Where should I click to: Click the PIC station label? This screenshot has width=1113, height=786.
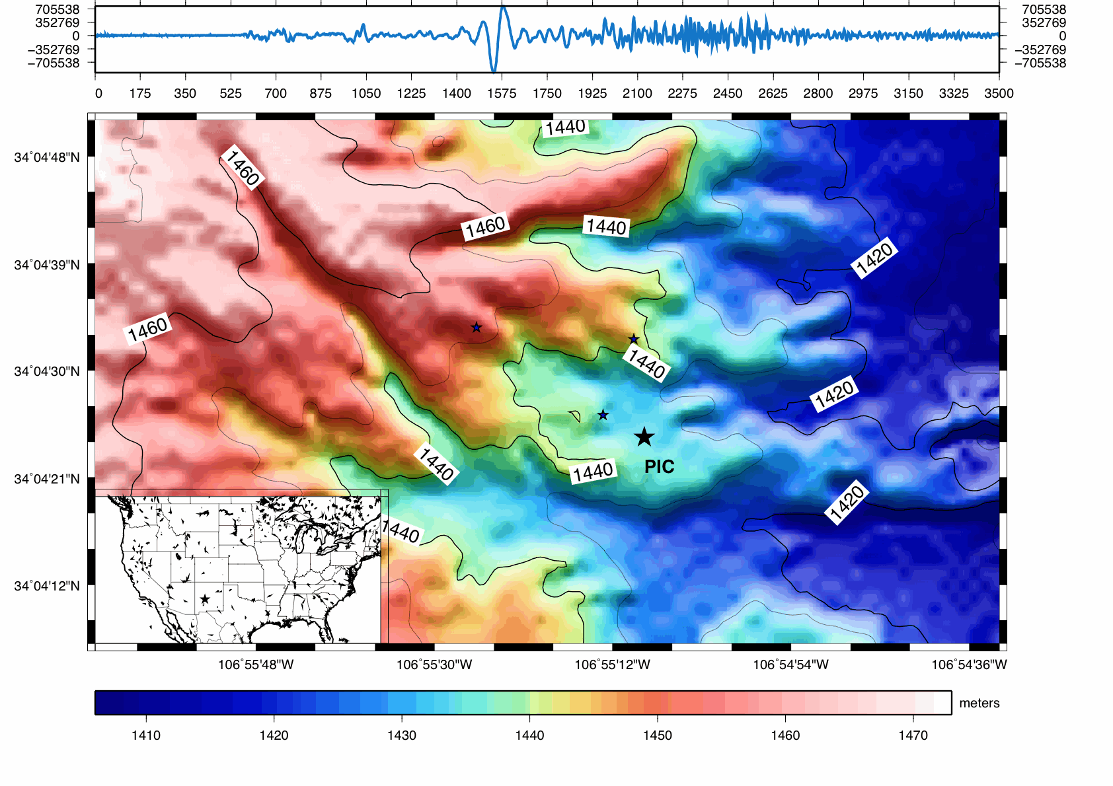659,466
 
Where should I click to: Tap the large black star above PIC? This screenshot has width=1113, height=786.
644,437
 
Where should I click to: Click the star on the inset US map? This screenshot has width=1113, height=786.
205,599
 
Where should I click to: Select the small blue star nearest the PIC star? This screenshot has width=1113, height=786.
603,415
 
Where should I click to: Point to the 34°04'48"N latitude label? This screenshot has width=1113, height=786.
46,157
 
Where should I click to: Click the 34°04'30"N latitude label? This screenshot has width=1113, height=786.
46,371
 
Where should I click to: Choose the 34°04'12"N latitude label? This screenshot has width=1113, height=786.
46,586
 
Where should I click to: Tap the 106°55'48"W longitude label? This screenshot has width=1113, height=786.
256,664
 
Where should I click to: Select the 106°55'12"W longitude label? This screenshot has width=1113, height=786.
612,664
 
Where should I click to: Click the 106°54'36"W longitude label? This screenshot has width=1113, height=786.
969,664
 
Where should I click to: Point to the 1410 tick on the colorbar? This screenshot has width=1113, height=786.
146,735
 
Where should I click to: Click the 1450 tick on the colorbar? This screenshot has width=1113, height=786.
657,735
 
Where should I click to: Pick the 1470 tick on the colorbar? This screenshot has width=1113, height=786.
913,735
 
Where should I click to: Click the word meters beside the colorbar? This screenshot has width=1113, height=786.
979,703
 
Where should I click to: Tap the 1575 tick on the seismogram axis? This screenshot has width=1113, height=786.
502,93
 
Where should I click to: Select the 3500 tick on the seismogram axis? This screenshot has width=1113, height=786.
998,93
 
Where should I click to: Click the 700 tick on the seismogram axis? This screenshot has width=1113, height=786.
276,93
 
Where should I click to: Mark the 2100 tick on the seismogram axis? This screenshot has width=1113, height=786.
637,93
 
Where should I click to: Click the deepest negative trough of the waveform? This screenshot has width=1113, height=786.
494,69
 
